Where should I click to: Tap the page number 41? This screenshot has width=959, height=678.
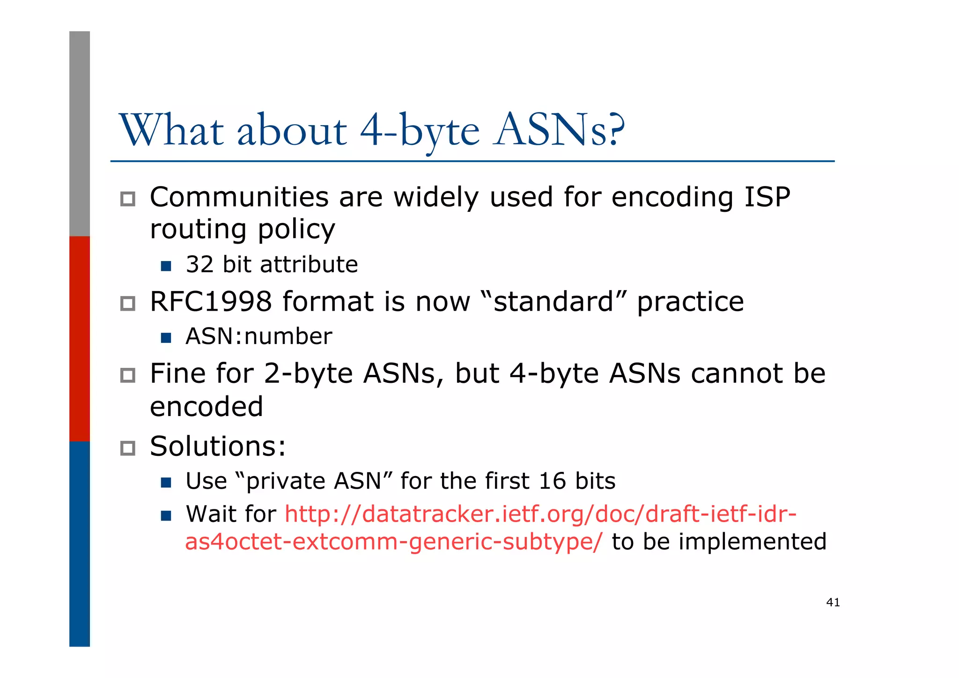click(833, 603)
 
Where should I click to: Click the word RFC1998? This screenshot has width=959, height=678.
click(211, 301)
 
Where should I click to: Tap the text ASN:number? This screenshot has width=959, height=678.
click(258, 336)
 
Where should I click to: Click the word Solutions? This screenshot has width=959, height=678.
click(218, 446)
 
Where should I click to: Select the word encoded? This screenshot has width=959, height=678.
click(207, 406)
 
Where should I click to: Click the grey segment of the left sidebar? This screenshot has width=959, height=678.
click(80, 134)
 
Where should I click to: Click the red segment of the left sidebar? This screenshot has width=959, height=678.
click(80, 338)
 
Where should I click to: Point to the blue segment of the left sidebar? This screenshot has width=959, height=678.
click(80, 544)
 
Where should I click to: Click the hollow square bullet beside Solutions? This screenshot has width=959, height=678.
click(127, 448)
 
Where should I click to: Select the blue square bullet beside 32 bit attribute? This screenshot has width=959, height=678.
click(166, 266)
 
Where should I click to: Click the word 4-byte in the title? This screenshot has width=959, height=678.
click(420, 130)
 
